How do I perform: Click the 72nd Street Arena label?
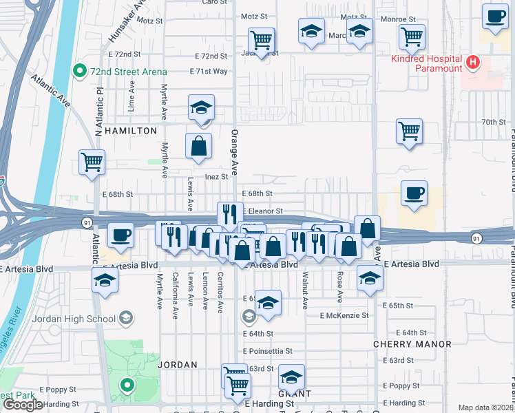pyautogui.click(x=122, y=71)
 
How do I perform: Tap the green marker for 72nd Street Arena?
pyautogui.click(x=80, y=71)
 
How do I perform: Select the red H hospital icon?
pyautogui.click(x=472, y=63)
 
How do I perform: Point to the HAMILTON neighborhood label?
pyautogui.click(x=127, y=130)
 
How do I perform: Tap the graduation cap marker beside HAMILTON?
pyautogui.click(x=202, y=108)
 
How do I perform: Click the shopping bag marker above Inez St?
pyautogui.click(x=198, y=147)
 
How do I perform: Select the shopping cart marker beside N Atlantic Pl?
pyautogui.click(x=92, y=163)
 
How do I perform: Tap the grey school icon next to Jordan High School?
pyautogui.click(x=126, y=317)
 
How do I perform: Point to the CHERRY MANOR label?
pyautogui.click(x=412, y=344)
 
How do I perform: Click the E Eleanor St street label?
pyautogui.click(x=262, y=211)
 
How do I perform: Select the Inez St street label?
pyautogui.click(x=216, y=177)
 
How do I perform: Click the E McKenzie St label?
pyautogui.click(x=344, y=315)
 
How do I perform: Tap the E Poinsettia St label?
pyautogui.click(x=268, y=351)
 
